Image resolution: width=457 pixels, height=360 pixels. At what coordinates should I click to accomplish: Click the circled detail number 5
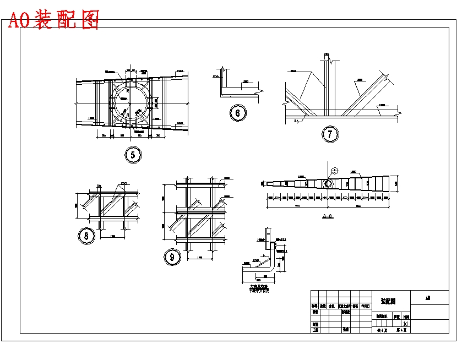coord(133,155)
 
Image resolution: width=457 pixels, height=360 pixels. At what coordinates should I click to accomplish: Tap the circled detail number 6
coord(238,113)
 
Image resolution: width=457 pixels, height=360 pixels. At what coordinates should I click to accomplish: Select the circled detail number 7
coord(330,134)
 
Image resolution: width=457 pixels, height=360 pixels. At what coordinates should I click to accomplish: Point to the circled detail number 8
coord(86,236)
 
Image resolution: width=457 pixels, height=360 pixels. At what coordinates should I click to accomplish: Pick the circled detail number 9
coord(172,257)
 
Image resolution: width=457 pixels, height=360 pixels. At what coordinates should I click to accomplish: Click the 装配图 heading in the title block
coord(388,301)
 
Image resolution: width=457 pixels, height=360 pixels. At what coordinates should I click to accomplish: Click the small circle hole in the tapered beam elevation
coord(328,183)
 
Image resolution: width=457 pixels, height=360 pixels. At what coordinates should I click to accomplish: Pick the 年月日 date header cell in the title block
coord(365,306)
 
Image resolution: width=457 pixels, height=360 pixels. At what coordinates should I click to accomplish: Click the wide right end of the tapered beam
coord(392,184)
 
